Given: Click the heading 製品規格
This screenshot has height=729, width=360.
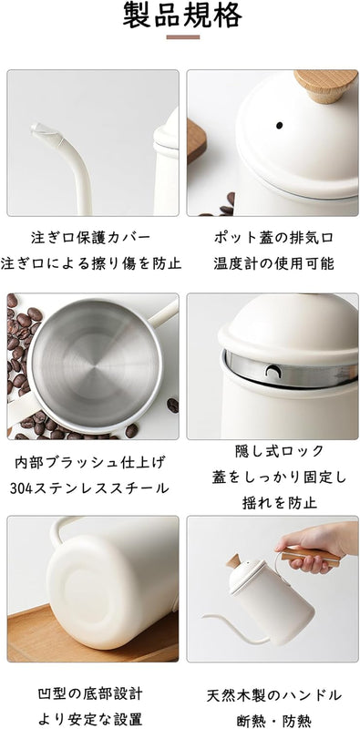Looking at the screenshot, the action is pyautogui.click(x=182, y=15).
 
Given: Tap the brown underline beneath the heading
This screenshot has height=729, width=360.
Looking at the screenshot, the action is pyautogui.click(x=183, y=37).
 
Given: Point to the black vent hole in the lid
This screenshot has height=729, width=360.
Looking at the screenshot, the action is pyautogui.click(x=280, y=125).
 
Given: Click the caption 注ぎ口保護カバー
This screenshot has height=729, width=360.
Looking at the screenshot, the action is pyautogui.click(x=91, y=238).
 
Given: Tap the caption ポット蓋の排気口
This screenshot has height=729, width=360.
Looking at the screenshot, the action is pyautogui.click(x=273, y=238).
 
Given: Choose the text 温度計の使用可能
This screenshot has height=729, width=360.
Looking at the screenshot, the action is pyautogui.click(x=273, y=263).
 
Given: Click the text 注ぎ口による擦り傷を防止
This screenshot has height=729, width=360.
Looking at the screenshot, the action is pyautogui.click(x=91, y=263).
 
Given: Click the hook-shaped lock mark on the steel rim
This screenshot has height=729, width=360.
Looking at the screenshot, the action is pyautogui.click(x=272, y=370).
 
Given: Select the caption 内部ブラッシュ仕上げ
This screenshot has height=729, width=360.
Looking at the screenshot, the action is pyautogui.click(x=90, y=463).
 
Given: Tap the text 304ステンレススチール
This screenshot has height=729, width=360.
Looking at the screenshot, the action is pyautogui.click(x=89, y=488).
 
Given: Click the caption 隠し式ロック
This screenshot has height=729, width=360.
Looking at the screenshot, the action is pyautogui.click(x=280, y=451).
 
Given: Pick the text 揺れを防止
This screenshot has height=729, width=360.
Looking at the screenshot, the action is pyautogui.click(x=280, y=503).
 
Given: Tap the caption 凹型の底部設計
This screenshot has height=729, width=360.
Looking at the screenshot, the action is pyautogui.click(x=90, y=693).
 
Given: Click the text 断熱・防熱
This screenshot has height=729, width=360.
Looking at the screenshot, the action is pyautogui.click(x=274, y=721).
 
